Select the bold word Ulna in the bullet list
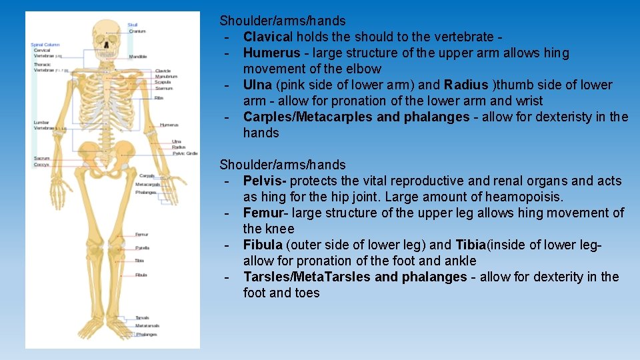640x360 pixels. [258, 85]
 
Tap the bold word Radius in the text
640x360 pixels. [466, 85]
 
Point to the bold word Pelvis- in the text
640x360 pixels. [265, 181]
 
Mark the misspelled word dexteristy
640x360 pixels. [563, 117]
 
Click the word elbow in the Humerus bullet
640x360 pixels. [363, 69]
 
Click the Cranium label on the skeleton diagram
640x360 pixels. [137, 31]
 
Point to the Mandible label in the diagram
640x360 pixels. [138, 57]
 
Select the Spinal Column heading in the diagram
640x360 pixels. [45, 45]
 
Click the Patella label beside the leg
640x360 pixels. [142, 247]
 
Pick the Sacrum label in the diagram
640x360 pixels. [41, 158]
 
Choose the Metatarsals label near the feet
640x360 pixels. [147, 326]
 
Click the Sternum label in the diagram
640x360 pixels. [163, 88]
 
